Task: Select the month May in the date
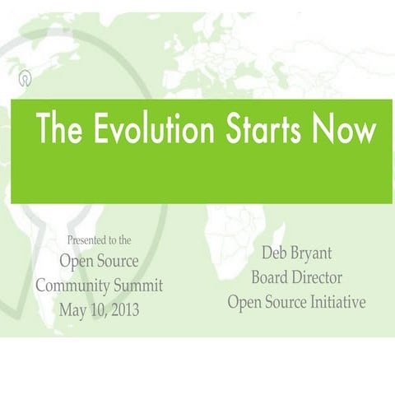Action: pyautogui.click(x=74, y=310)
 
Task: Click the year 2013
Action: pyautogui.click(x=123, y=309)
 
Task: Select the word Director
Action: pyautogui.click(x=316, y=277)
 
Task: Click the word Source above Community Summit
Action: pyautogui.click(x=115, y=263)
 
